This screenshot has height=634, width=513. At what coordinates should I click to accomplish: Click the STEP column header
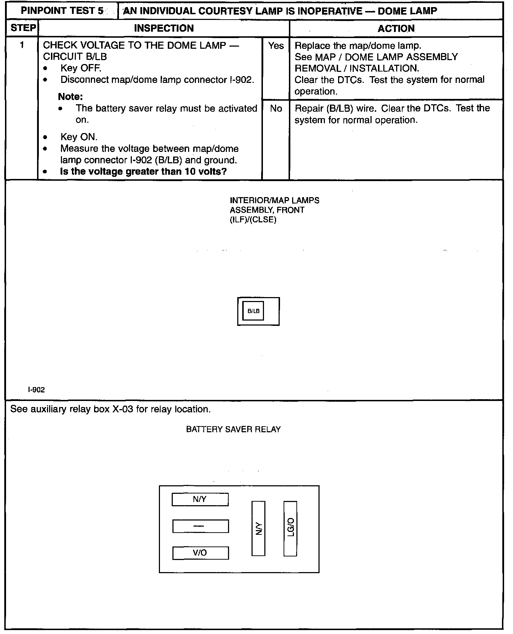[x=23, y=28]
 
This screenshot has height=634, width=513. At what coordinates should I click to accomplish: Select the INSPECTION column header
[x=164, y=28]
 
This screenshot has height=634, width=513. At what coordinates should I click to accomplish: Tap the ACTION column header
[x=396, y=28]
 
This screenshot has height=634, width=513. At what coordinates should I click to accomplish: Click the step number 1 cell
[x=22, y=45]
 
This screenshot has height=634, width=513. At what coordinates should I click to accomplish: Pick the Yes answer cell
[x=276, y=46]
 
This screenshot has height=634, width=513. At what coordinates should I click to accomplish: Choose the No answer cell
[x=276, y=109]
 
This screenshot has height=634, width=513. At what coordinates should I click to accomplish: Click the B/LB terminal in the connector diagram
[x=253, y=311]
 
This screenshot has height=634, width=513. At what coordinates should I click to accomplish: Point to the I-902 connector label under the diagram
[x=36, y=390]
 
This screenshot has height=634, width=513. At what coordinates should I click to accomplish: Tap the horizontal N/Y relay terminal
[x=200, y=499]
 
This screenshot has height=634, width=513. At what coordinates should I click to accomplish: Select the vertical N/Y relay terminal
[x=258, y=528]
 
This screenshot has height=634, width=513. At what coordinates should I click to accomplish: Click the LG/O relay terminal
[x=290, y=528]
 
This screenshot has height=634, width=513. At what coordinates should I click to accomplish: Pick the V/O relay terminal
[x=200, y=553]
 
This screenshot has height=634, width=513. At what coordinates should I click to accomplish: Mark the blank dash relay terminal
[x=200, y=526]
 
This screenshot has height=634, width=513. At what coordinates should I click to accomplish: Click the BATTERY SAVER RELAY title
[x=233, y=429]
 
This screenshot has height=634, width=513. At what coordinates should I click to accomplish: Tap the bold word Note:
[x=70, y=97]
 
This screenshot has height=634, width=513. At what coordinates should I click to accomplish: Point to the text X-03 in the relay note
[x=123, y=409]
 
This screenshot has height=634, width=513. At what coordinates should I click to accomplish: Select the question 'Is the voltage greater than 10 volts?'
[x=143, y=171]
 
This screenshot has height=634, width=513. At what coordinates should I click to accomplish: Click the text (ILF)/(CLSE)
[x=253, y=220]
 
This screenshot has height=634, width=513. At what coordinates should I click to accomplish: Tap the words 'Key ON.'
[x=79, y=137]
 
